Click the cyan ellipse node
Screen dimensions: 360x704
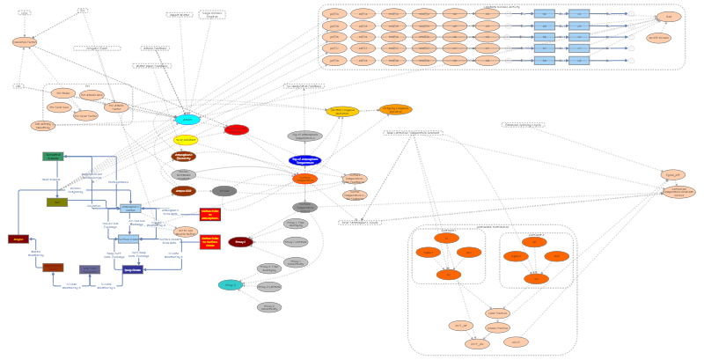(187, 119)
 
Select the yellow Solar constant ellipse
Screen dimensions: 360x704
(186, 140)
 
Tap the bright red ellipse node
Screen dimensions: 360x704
(236, 130)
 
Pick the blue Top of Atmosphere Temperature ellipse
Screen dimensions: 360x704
(304, 160)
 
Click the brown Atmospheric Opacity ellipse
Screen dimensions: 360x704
(184, 157)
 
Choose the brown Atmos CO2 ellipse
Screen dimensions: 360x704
(183, 190)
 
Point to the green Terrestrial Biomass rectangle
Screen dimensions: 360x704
(53, 156)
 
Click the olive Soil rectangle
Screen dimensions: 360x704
(57, 202)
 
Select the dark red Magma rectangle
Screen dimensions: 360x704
(18, 239)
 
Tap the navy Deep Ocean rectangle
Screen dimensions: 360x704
(133, 270)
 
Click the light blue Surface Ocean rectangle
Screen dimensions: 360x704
(128, 239)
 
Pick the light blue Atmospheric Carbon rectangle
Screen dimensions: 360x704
(130, 209)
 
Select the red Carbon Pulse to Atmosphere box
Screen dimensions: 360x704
(209, 214)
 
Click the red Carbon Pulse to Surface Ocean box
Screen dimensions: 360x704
(209, 241)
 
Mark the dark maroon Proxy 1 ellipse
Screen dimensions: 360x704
(240, 241)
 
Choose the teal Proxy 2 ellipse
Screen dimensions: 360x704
(231, 284)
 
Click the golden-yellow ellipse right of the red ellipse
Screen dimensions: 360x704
(342, 111)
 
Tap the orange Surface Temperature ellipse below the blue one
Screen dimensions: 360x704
(304, 179)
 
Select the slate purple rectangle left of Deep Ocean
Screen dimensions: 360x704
(90, 269)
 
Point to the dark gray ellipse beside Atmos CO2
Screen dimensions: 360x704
(224, 191)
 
